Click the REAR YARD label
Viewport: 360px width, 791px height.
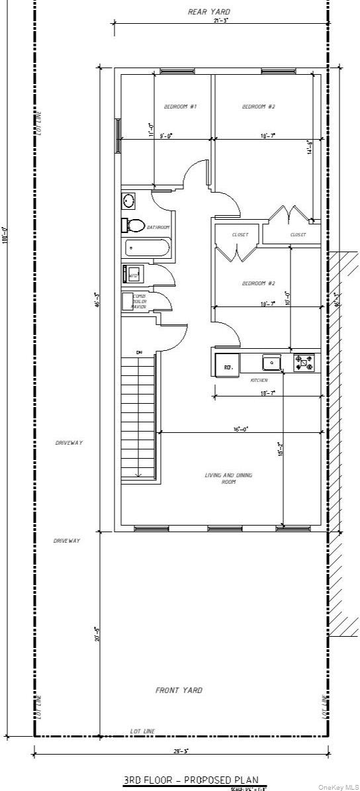[210, 12]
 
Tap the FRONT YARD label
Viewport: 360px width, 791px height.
[179, 690]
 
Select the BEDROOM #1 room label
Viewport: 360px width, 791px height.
[180, 107]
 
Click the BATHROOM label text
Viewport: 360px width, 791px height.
[158, 227]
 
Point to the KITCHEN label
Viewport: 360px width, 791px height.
[259, 381]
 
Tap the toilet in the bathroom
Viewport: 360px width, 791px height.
[134, 226]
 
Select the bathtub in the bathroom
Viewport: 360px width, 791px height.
[147, 248]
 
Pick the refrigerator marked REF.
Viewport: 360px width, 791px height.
[228, 365]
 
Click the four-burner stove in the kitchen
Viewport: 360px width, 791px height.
[304, 362]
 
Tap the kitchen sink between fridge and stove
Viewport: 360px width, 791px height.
[271, 362]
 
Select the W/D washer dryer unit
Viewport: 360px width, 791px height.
[132, 274]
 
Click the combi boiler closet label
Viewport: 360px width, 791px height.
[139, 301]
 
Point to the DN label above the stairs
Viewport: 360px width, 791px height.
[140, 352]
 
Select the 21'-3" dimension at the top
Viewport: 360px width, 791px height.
[221, 21]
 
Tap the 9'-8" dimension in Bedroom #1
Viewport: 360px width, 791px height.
[165, 136]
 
